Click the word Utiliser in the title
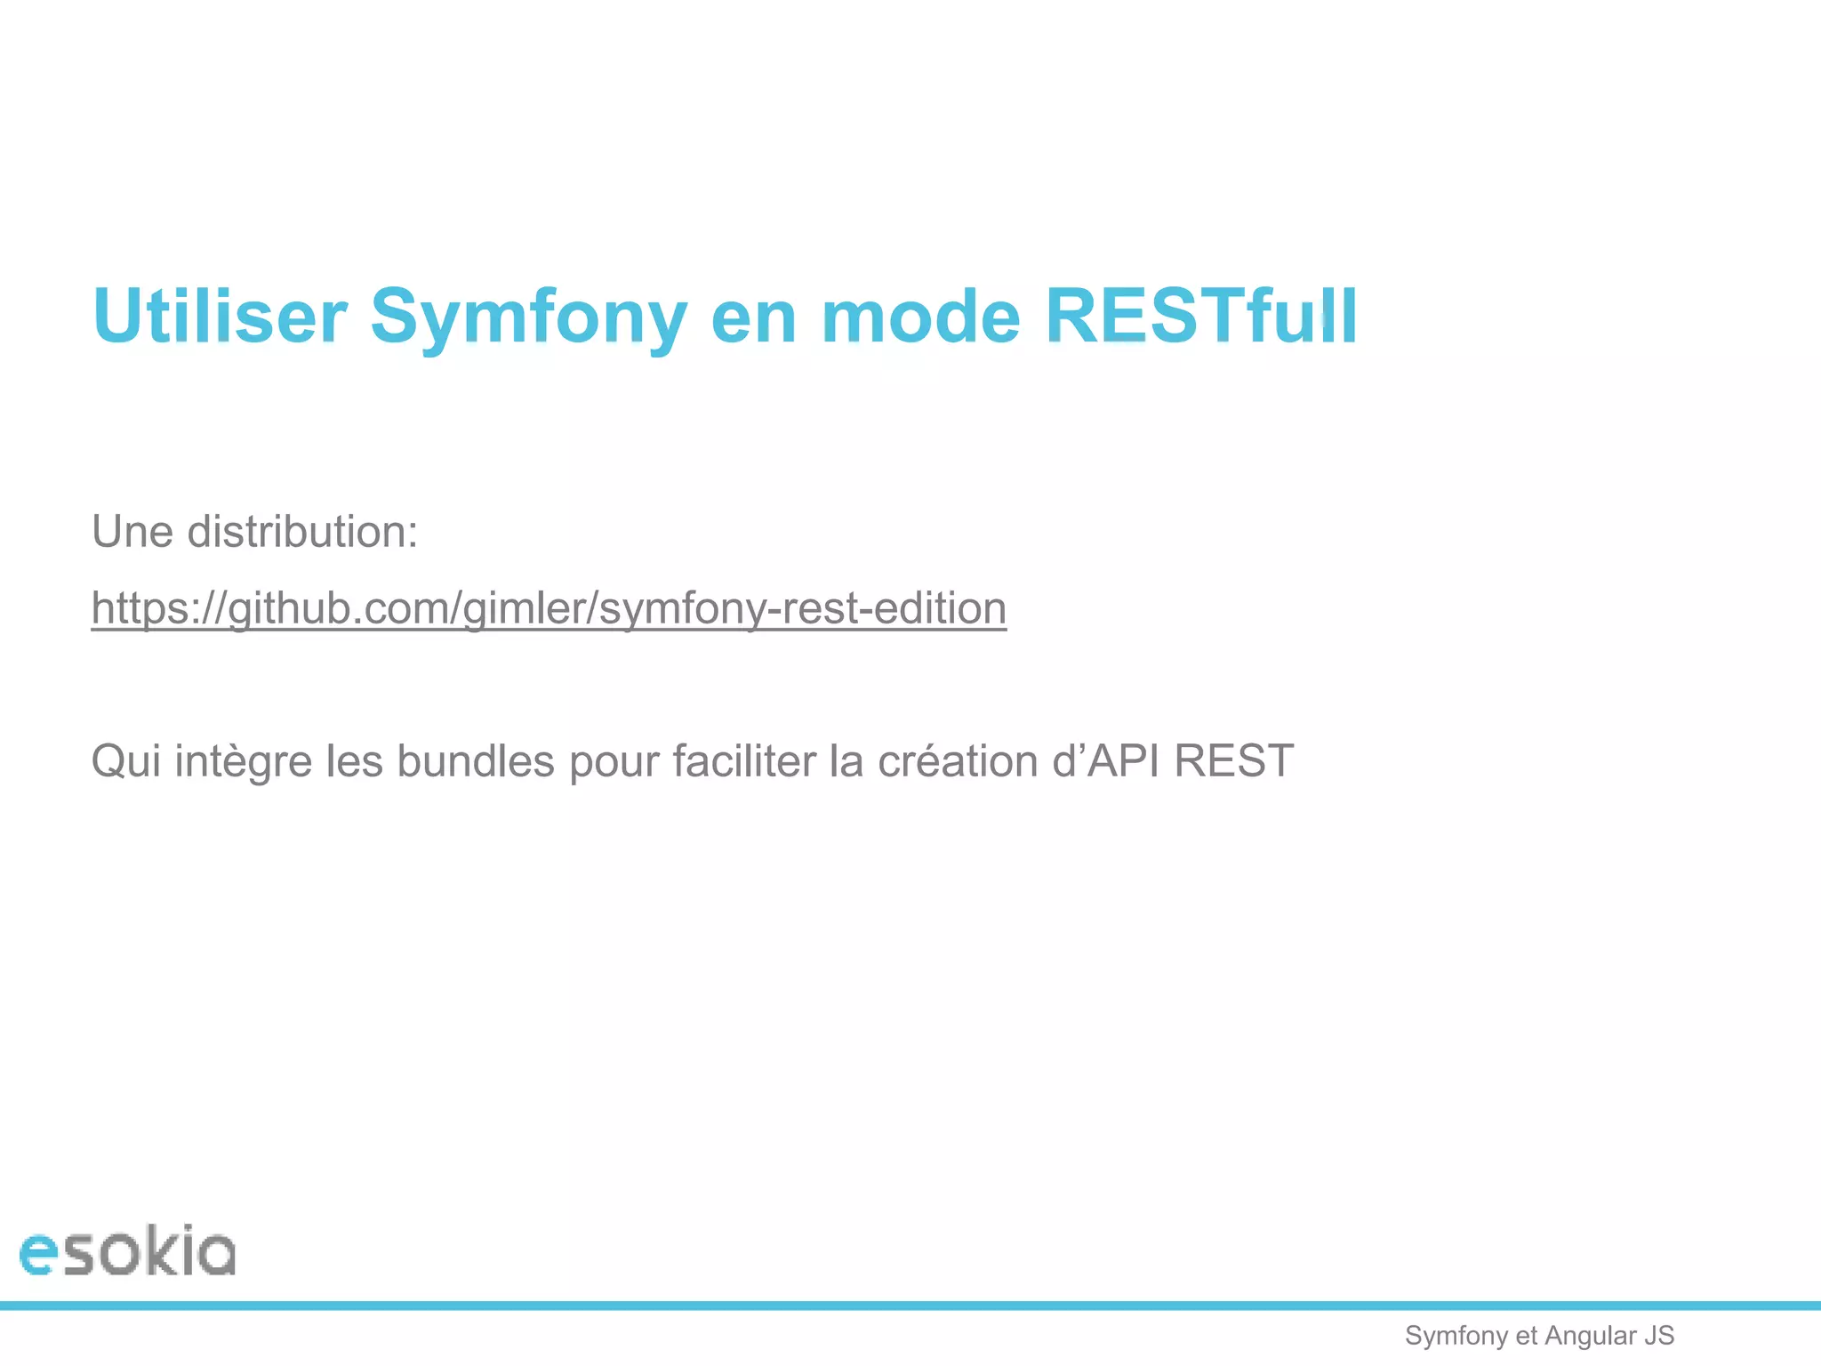click(220, 317)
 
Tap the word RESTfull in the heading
click(1200, 317)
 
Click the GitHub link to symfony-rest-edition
click(549, 609)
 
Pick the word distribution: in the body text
click(302, 532)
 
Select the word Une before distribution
click(132, 532)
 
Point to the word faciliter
click(743, 762)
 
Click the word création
click(958, 762)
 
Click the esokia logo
click(127, 1251)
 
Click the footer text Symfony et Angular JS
click(1539, 1336)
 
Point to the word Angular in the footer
click(1591, 1336)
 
